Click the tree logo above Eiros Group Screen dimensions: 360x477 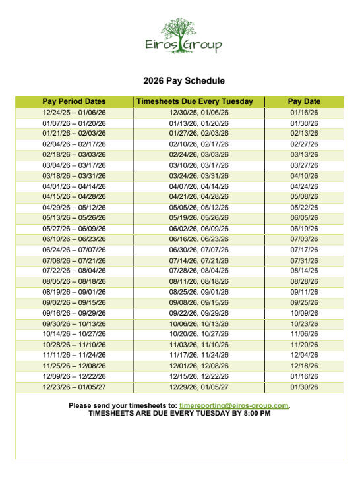pyautogui.click(x=184, y=28)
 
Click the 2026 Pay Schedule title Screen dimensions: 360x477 pyautogui.click(x=184, y=81)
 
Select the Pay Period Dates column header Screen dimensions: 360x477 pyautogui.click(x=74, y=101)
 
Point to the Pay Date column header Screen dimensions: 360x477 pyautogui.click(x=304, y=101)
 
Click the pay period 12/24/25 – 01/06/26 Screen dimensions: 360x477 pyautogui.click(x=74, y=112)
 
